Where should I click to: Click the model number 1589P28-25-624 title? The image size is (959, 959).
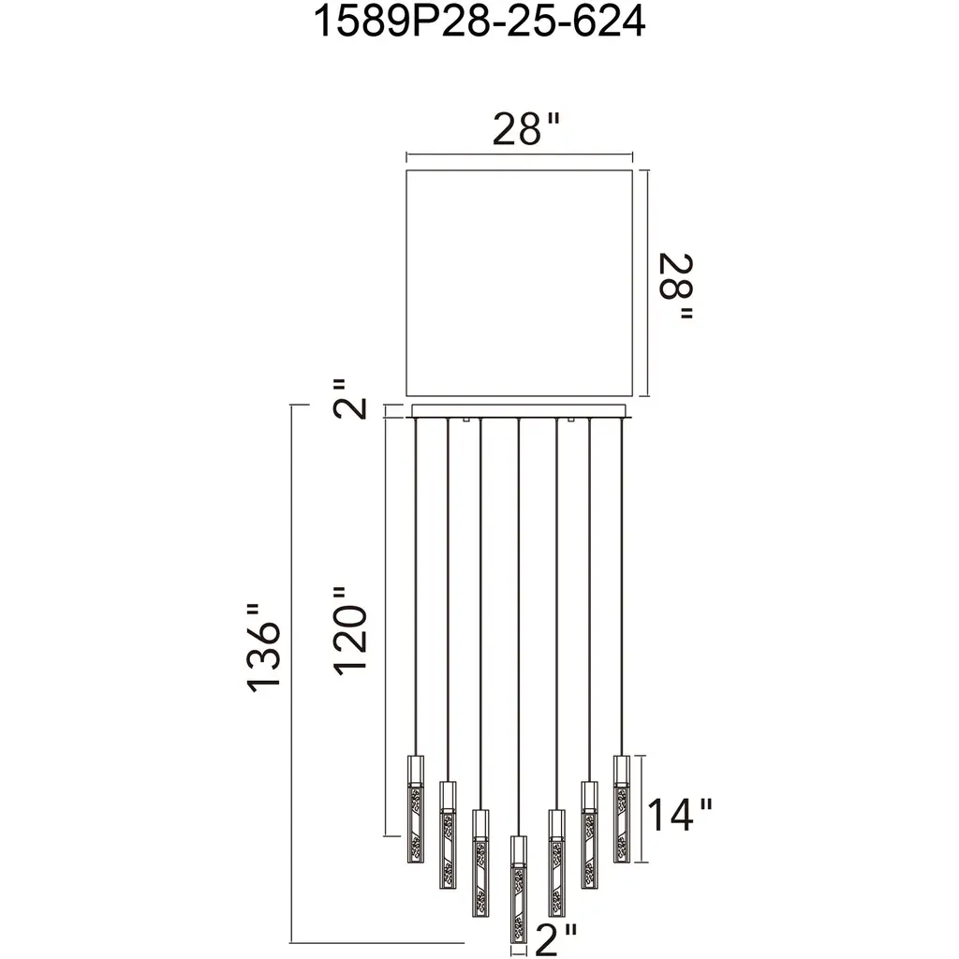pyautogui.click(x=479, y=22)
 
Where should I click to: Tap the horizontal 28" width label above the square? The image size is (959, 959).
pyautogui.click(x=526, y=129)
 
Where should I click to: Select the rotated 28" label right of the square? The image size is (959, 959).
pyautogui.click(x=676, y=287)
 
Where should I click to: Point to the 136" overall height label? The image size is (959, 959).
pyautogui.click(x=263, y=648)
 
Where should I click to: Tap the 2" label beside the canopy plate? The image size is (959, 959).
pyautogui.click(x=350, y=399)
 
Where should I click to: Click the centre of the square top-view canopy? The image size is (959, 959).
pyautogui.click(x=519, y=283)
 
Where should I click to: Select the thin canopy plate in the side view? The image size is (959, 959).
pyautogui.click(x=519, y=411)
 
